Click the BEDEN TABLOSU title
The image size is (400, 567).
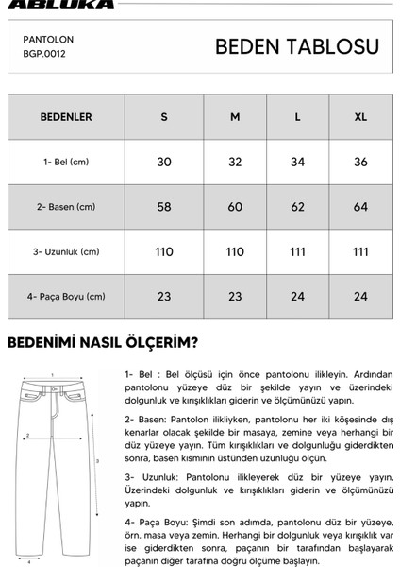coord(296,47)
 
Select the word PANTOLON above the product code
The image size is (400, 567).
coord(48,41)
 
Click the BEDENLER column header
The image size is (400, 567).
coord(65,117)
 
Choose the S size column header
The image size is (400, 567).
coord(164,117)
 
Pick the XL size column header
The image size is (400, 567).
coord(359,117)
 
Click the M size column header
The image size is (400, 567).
coord(235,117)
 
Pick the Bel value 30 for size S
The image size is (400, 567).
coord(164,162)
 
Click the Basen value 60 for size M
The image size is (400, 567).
coord(235,207)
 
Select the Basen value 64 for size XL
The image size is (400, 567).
coord(359,207)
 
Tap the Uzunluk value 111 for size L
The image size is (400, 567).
coord(298,251)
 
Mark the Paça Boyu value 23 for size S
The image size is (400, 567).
coord(164,296)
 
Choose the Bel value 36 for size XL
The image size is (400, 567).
coord(359,162)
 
